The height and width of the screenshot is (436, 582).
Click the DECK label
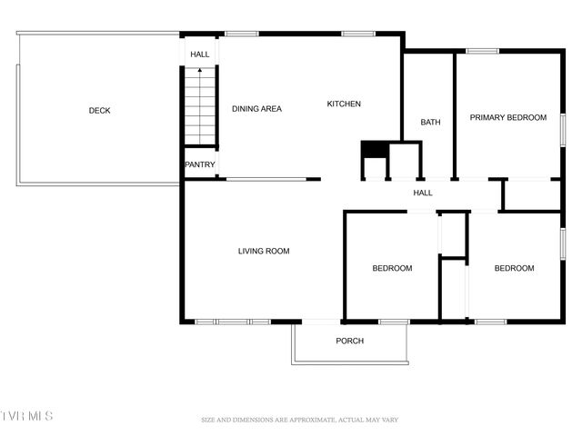point(99,111)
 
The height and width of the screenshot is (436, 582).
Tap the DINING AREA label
point(256,109)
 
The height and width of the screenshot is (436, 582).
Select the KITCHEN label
point(344,104)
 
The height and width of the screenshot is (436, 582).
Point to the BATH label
point(430,123)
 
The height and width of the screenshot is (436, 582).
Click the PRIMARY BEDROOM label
point(507,118)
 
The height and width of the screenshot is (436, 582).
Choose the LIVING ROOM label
point(264,252)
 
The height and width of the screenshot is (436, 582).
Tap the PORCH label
point(350,342)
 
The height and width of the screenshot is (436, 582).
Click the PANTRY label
point(200,165)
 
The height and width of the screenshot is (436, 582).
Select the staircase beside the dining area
point(200,107)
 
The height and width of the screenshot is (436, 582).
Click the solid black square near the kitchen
point(375,150)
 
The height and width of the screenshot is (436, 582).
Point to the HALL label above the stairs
point(200,55)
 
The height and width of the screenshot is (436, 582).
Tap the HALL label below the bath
point(423,193)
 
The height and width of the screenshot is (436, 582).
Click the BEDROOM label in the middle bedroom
point(392,269)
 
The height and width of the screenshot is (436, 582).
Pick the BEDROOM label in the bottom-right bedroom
point(514,269)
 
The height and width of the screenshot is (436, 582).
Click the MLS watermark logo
point(27,416)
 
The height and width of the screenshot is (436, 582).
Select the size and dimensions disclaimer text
point(300,421)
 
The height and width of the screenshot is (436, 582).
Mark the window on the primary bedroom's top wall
point(482,51)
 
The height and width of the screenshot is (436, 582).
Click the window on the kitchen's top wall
point(358,35)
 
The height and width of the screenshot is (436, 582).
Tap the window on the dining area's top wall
point(242,35)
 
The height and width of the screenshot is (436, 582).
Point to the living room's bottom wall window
point(233,322)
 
